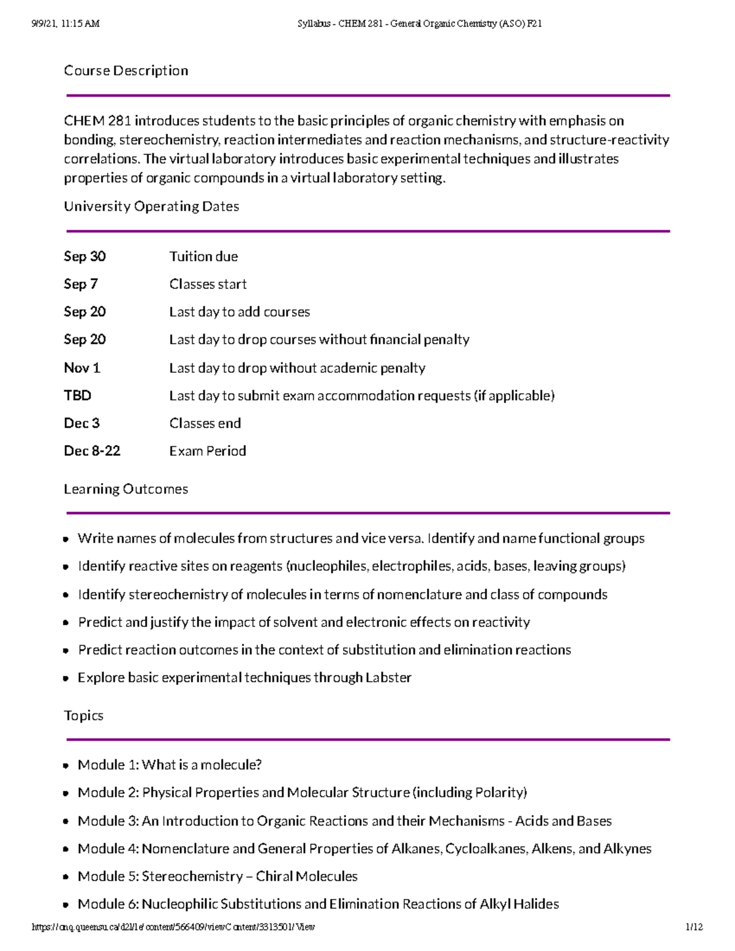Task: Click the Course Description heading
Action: pos(126,71)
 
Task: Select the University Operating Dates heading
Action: pos(151,207)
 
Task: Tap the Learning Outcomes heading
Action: pos(126,489)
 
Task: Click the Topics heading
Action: pos(83,716)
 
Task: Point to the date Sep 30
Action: pos(85,257)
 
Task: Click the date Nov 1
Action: pos(82,368)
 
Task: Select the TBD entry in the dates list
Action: pos(78,396)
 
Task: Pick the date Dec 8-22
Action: pos(92,451)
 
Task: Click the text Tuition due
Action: pos(203,257)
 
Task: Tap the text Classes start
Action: pos(208,284)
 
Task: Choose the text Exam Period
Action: pos(208,451)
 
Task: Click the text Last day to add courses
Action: pos(239,312)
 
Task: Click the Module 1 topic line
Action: pos(170,765)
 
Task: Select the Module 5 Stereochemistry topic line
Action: pos(217,876)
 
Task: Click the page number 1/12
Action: pos(695,927)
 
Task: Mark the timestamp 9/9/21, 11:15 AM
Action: pos(66,24)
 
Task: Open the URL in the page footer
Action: pos(173,927)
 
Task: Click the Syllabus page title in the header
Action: pos(419,24)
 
